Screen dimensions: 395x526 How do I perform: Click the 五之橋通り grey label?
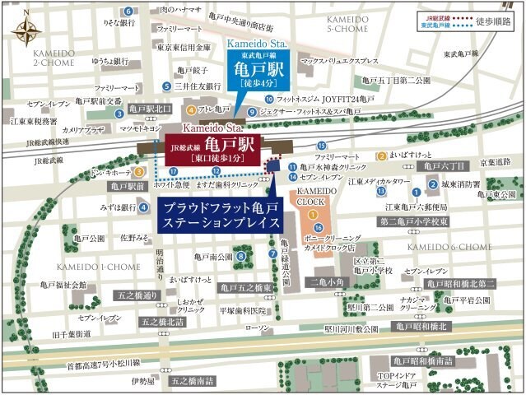(137, 294)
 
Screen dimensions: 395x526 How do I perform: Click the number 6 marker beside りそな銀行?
(128, 11)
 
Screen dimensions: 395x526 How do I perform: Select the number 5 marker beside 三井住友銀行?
(167, 86)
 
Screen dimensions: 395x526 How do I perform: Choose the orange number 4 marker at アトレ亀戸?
(191, 109)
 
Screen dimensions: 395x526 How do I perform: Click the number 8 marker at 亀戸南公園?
(241, 257)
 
